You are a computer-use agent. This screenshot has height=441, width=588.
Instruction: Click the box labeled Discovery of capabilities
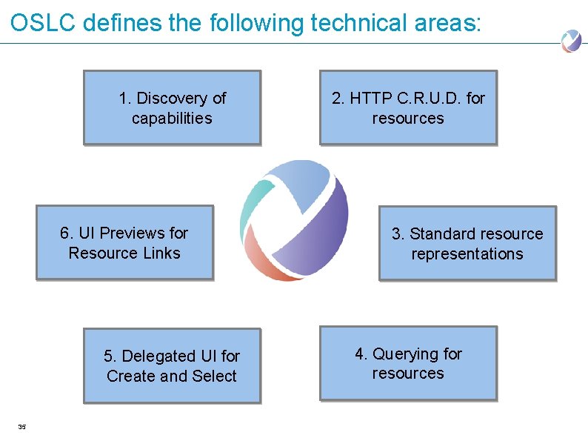172,107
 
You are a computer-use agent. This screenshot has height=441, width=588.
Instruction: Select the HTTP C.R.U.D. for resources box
408,107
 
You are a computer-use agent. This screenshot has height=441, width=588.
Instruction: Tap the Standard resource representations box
467,243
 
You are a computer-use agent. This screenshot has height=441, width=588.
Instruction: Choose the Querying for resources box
408,363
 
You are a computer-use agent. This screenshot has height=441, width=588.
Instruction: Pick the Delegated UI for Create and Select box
172,365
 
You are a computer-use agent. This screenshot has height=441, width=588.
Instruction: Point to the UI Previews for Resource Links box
124,242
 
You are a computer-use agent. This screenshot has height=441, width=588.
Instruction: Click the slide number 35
21,426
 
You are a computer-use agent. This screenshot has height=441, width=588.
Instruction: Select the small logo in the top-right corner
571,40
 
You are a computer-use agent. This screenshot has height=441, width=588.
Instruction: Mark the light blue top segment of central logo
296,178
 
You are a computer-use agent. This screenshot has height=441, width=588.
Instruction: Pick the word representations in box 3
467,253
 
